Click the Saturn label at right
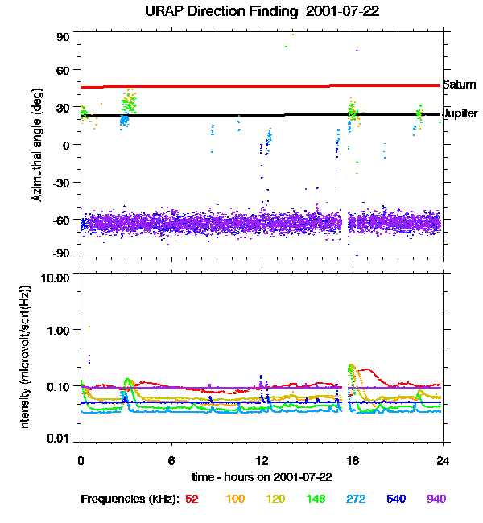point(459,84)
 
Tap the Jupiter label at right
point(460,113)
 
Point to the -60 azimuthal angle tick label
point(60,220)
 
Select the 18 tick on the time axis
point(352,460)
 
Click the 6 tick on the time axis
point(171,460)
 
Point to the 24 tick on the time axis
point(443,460)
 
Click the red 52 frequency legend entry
point(192,500)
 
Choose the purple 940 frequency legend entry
point(436,500)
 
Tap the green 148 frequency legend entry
point(316,500)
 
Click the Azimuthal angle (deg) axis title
point(36,144)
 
